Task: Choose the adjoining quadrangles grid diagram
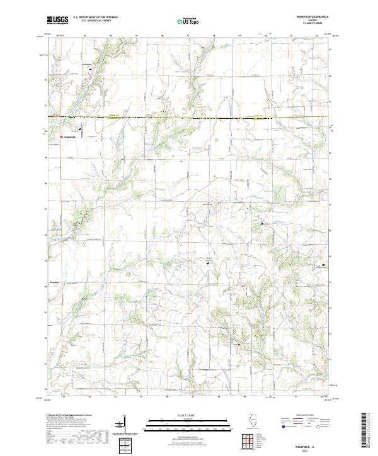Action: point(246,440)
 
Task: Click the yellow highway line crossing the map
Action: point(189,118)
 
